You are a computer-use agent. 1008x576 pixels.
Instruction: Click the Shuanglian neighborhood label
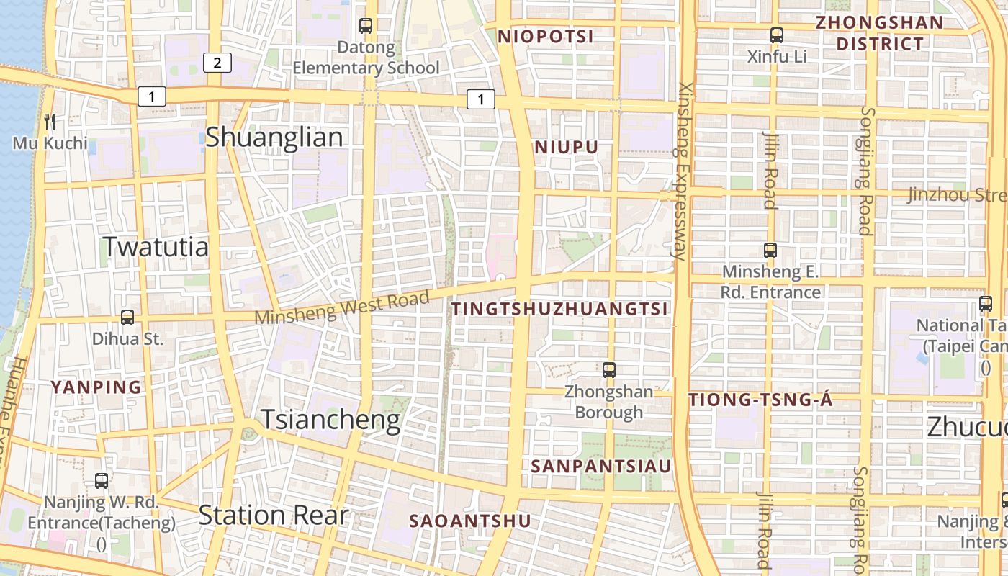click(274, 137)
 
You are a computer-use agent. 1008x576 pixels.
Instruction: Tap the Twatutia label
click(156, 247)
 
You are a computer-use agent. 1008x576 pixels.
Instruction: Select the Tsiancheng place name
click(330, 420)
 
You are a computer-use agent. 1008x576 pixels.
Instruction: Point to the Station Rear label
click(273, 516)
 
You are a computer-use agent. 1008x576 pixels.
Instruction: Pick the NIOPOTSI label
click(546, 37)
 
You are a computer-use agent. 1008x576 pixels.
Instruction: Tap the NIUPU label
click(567, 148)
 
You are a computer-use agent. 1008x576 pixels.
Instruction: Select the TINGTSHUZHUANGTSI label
click(559, 309)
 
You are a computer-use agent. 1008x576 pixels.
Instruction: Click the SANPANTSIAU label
click(601, 466)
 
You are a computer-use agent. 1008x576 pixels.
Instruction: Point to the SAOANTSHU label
click(470, 521)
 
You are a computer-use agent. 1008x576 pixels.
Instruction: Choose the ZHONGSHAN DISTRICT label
click(879, 33)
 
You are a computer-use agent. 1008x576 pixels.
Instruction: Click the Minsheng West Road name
click(343, 307)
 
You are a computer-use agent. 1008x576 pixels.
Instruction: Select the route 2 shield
click(217, 63)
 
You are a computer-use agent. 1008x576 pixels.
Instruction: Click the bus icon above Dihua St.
click(127, 317)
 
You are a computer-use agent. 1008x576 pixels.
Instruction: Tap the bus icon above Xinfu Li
click(776, 35)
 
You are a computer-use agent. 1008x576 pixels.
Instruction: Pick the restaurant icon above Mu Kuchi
click(49, 120)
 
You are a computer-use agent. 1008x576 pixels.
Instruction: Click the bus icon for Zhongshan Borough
click(609, 370)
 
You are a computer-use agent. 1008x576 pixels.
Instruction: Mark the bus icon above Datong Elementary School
click(366, 26)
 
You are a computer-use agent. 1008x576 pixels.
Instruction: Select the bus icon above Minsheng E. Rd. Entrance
click(770, 251)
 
